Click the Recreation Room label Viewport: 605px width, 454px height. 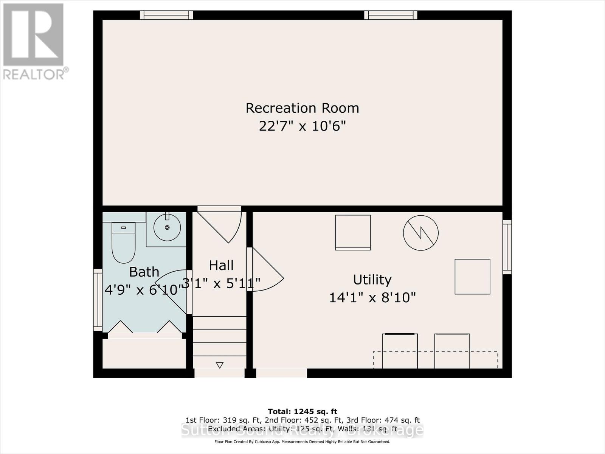302,108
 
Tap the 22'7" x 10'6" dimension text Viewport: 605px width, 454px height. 302,126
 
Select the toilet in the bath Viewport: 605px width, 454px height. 123,242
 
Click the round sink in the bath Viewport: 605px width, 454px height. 167,227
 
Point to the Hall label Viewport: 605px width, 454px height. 221,265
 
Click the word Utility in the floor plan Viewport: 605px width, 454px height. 372,280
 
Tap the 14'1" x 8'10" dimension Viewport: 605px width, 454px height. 372,297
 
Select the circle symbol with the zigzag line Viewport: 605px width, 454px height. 420,233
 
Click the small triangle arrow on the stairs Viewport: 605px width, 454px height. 220,365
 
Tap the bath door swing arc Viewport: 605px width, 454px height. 172,289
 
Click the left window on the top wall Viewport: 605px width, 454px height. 166,15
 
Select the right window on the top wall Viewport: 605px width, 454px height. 391,15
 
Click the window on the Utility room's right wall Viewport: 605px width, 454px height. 507,247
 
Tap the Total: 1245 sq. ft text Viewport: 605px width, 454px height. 302,411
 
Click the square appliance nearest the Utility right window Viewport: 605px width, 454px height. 472,277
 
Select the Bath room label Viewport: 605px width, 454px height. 144,272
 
